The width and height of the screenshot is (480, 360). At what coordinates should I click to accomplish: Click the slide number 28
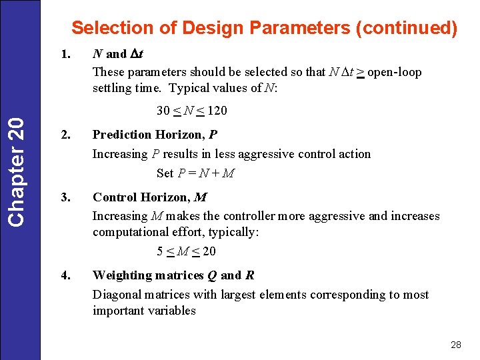(456, 345)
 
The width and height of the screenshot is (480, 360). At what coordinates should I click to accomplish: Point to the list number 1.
(65, 54)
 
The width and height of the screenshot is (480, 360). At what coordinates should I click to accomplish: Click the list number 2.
(65, 135)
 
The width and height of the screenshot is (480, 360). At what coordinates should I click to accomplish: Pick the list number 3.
(65, 197)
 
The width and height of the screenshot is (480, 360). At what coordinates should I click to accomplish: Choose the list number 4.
(65, 275)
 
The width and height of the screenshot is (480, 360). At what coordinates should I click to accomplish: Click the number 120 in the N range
(216, 111)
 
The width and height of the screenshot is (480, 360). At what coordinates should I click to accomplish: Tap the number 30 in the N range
(163, 111)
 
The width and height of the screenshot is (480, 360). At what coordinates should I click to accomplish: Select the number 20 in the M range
(209, 251)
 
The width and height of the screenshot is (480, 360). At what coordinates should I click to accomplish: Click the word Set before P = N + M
(165, 173)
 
